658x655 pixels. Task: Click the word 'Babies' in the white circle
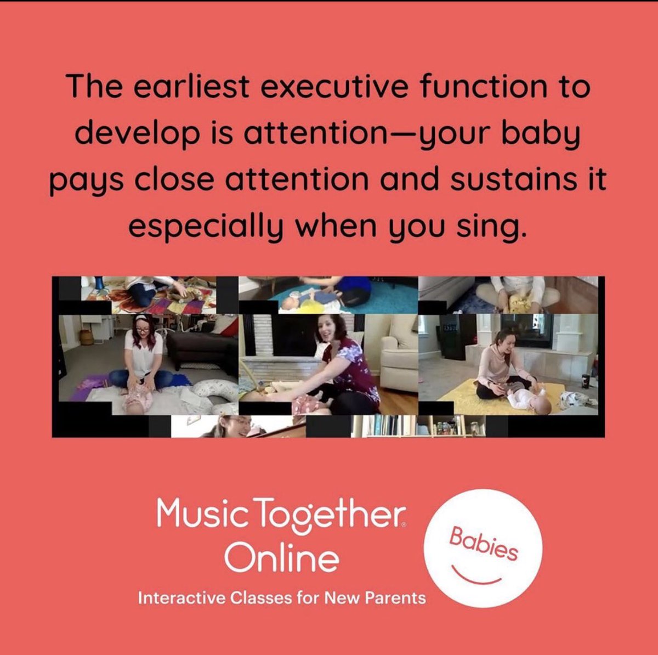pyautogui.click(x=483, y=544)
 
